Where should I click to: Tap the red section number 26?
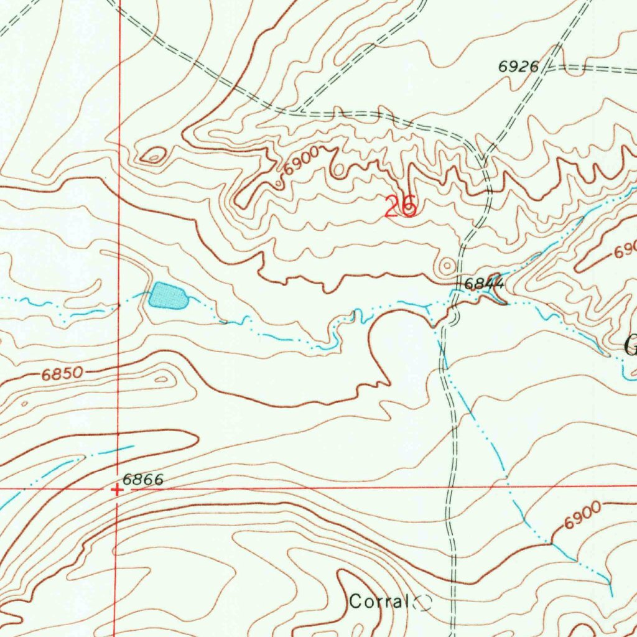401,207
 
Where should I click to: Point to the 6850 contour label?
62,374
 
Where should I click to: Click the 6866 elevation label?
142,480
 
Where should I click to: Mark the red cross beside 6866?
117,490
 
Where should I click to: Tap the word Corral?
378,602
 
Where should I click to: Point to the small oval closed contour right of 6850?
162,378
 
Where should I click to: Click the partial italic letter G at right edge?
630,346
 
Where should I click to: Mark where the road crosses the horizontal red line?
449,486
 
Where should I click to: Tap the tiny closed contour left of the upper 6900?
279,184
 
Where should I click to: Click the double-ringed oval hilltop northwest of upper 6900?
152,154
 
